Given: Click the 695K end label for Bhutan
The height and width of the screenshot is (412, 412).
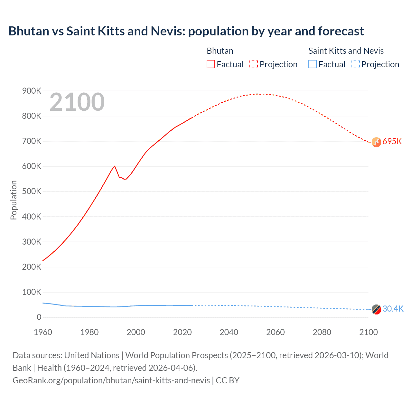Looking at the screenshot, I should coord(392,142).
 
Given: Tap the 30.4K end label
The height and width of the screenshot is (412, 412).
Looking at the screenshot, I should coord(393,309).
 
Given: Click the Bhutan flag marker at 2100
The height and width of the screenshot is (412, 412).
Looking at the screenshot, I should coord(376,142).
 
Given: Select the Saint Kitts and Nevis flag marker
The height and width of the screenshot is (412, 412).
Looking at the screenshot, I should coord(376,309).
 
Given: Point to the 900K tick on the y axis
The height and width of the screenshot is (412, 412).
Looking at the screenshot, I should coord(32,91).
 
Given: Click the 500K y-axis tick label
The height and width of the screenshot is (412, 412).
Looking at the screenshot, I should coord(32,192).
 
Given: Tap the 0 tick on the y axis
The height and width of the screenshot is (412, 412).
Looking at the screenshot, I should coord(39,317).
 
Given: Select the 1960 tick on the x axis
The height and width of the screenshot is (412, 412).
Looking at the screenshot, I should coord(43,332).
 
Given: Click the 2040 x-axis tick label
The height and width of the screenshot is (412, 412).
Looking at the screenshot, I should coord(229,332).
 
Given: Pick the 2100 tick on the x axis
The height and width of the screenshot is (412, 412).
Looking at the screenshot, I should coord(368,332).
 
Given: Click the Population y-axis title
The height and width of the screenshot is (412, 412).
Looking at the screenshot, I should coord(14,200).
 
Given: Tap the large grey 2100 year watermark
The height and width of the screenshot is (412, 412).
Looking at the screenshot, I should coord(77,102).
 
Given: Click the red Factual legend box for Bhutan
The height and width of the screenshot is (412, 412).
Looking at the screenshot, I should coord(211,64).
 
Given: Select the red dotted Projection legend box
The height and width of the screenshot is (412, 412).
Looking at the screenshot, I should coord(254,64).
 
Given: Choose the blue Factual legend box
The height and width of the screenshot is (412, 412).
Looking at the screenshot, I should coord(313,64).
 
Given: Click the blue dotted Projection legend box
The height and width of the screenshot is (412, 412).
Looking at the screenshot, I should coord(355,64).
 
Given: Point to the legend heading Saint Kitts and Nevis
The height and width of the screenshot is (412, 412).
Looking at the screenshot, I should coord(346,51).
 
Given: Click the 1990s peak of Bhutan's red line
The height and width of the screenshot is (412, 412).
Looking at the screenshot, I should coord(115,166).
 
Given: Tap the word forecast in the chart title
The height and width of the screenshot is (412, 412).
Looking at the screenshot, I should coord(341,31).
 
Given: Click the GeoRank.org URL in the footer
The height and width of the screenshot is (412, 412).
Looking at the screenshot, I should coord(111,380).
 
